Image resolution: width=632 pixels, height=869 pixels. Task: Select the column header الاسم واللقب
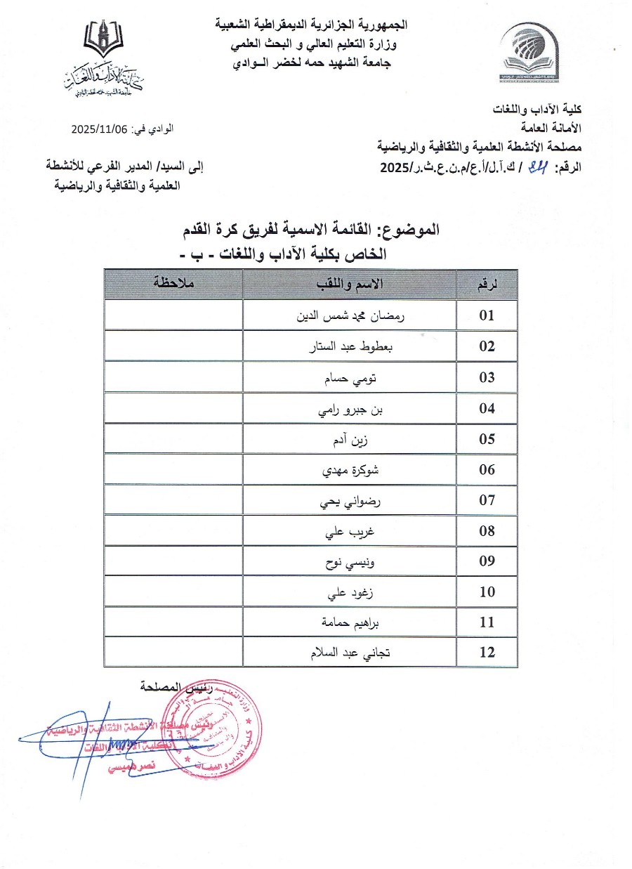(349, 285)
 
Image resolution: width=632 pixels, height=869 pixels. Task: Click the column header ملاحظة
(173, 285)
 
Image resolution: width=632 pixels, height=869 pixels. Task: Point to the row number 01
(487, 315)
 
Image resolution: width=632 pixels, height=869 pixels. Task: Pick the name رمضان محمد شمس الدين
(350, 315)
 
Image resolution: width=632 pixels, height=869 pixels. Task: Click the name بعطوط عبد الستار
(350, 346)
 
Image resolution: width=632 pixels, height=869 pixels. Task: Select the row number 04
(487, 408)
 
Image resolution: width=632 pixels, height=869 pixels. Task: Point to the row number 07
(487, 500)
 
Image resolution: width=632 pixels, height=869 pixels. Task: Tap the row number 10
(487, 592)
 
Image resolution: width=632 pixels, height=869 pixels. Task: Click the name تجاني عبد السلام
(350, 653)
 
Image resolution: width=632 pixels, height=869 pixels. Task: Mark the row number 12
(487, 653)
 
